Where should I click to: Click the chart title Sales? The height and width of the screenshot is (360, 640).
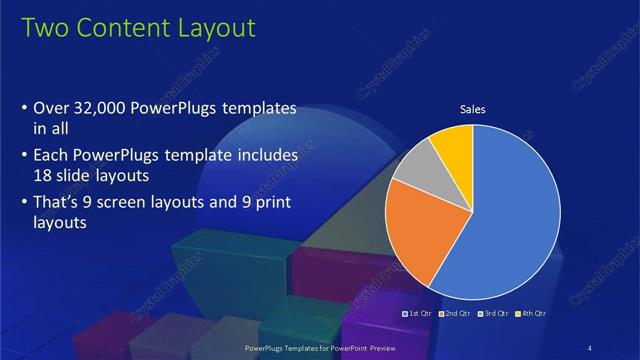472,110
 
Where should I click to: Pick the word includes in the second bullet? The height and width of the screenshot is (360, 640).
264,157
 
